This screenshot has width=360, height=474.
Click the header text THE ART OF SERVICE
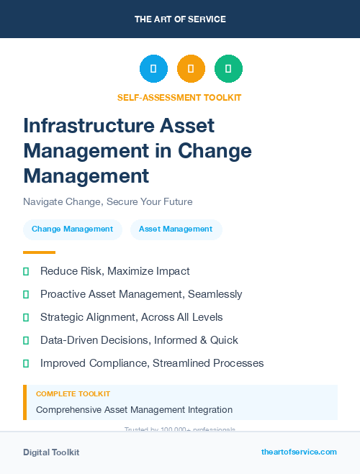point(180,19)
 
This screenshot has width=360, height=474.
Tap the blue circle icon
point(153,69)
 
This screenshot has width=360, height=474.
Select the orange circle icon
point(191,69)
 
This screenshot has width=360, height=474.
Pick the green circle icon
point(228,69)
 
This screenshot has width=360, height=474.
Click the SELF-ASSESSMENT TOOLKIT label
point(179,97)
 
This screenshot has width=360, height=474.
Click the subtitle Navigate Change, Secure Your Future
point(108,201)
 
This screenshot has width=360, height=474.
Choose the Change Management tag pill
point(72,229)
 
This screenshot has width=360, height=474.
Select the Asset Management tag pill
point(176,229)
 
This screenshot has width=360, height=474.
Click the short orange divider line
point(39,252)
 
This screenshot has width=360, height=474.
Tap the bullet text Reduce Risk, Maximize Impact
point(115,271)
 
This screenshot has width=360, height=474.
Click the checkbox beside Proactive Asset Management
point(26,294)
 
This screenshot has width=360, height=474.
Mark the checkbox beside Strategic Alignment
point(26,317)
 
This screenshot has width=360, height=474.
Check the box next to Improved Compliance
point(26,363)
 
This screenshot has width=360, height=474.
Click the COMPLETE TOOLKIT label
point(73,394)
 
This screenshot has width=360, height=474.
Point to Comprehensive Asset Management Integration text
point(135,410)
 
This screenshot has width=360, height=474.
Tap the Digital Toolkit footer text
point(51,452)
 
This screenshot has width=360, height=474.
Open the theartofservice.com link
point(299,452)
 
